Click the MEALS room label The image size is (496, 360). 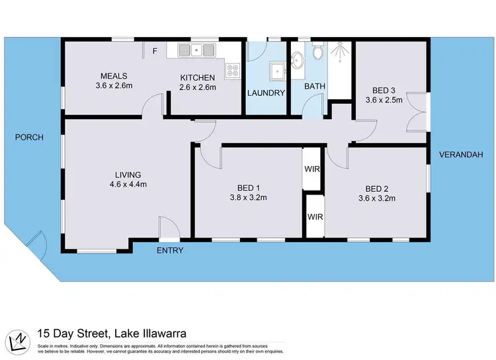pyautogui.click(x=114, y=76)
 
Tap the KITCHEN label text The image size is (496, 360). pyautogui.click(x=198, y=77)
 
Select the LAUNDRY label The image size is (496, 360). pyautogui.click(x=267, y=93)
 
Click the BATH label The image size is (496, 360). pyautogui.click(x=314, y=87)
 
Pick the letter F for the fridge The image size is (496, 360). pyautogui.click(x=155, y=50)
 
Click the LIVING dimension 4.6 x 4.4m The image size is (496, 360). pyautogui.click(x=128, y=185)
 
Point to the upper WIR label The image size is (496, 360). pyautogui.click(x=313, y=169)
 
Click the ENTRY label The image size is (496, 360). pyautogui.click(x=170, y=251)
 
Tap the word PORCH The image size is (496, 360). pyautogui.click(x=30, y=138)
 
